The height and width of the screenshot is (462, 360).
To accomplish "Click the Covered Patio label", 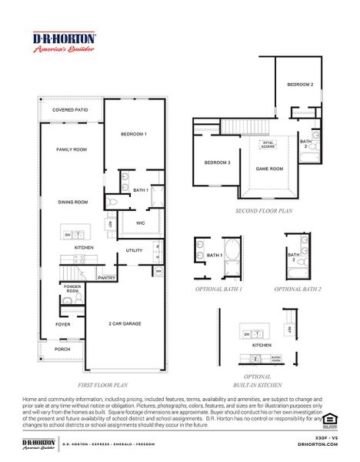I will point(70,110).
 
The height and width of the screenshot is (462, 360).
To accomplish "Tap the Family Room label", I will point(71,149).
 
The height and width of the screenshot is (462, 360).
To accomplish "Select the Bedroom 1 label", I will point(134,134).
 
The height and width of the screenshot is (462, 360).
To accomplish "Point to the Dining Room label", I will point(73,202).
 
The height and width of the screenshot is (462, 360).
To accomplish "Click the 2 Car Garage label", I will point(125,323).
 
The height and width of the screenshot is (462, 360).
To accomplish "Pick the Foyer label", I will point(62,324).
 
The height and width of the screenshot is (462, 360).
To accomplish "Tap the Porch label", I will point(62,349).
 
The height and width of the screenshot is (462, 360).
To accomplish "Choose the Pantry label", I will point(106,277).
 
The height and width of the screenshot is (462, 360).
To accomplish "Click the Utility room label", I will point(135,250).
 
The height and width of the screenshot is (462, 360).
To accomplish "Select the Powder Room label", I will point(72,290).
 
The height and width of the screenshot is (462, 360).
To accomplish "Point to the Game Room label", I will point(269,169).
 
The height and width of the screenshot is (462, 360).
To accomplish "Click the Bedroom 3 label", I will point(217,162).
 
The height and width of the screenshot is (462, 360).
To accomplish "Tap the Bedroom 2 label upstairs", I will point(300,84).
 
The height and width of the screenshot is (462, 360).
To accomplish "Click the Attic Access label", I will point(268,144).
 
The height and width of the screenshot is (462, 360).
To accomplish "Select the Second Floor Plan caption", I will point(264,209).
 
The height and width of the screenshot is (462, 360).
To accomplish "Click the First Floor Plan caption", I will point(102,383).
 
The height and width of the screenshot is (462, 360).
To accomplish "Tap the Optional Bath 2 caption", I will point(298,289).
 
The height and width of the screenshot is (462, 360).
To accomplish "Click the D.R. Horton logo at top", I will point(64,42).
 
